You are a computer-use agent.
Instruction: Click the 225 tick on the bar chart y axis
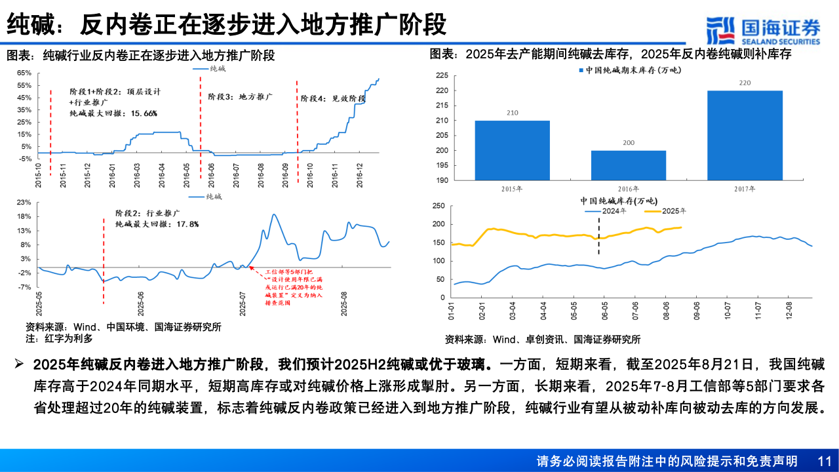coord(441,76)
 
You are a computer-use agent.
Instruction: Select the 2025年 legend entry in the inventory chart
coord(665,211)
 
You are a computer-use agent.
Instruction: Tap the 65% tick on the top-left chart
coord(24,73)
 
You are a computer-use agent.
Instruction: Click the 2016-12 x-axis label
coord(360,176)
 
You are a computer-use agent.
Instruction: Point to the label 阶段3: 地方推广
coord(240,96)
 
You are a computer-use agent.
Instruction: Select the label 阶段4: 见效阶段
coord(332,98)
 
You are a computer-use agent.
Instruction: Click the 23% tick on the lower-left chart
coord(24,203)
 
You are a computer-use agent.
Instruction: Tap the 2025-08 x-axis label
coord(344,304)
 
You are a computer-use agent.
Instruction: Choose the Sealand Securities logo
coord(762,30)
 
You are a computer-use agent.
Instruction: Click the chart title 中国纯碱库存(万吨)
coord(618,201)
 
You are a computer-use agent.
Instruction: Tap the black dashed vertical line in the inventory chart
coord(598,236)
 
